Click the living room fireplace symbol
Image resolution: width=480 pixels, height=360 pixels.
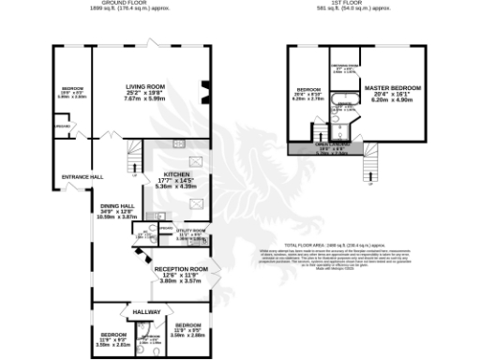[206, 91]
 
